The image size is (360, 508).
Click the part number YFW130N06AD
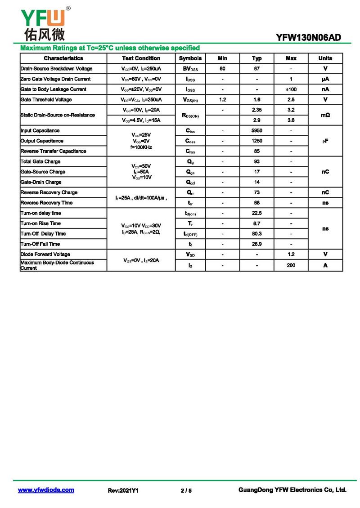(x=309, y=38)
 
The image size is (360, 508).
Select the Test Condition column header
(x=141, y=58)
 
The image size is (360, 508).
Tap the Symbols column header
(x=190, y=58)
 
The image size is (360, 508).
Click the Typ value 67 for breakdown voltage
(x=256, y=69)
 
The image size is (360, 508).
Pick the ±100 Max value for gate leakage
(x=291, y=89)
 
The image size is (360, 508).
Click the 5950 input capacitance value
(x=256, y=131)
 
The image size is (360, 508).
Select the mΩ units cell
(x=325, y=115)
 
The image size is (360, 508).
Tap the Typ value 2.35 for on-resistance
(x=256, y=110)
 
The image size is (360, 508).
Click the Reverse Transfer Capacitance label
(x=53, y=152)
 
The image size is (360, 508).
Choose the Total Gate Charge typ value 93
(x=256, y=162)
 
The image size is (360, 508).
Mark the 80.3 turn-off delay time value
(x=256, y=234)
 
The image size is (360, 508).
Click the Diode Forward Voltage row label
(x=45, y=254)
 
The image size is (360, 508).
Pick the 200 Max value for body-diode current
(x=291, y=265)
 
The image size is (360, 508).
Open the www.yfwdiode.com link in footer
(x=46, y=490)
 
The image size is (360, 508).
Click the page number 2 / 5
(x=186, y=490)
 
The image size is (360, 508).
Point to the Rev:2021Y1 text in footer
(x=123, y=490)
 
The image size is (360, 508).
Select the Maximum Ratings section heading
(x=110, y=48)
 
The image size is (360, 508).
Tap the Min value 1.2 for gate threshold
(x=222, y=100)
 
